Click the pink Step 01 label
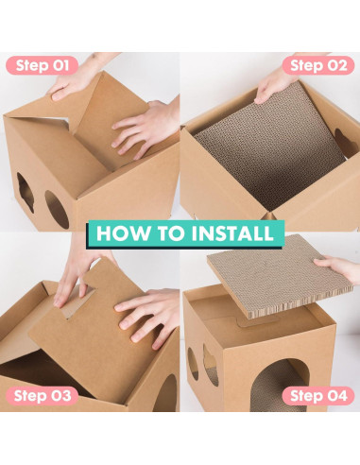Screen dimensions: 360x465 [42, 65]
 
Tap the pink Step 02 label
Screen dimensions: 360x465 [318, 65]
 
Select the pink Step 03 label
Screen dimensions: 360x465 [42, 396]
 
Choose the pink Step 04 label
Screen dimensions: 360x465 [318, 396]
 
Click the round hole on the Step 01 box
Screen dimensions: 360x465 [57, 209]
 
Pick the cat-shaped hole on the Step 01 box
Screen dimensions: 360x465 [26, 192]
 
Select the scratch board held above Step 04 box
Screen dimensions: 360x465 [279, 276]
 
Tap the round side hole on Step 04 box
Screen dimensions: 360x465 [193, 364]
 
